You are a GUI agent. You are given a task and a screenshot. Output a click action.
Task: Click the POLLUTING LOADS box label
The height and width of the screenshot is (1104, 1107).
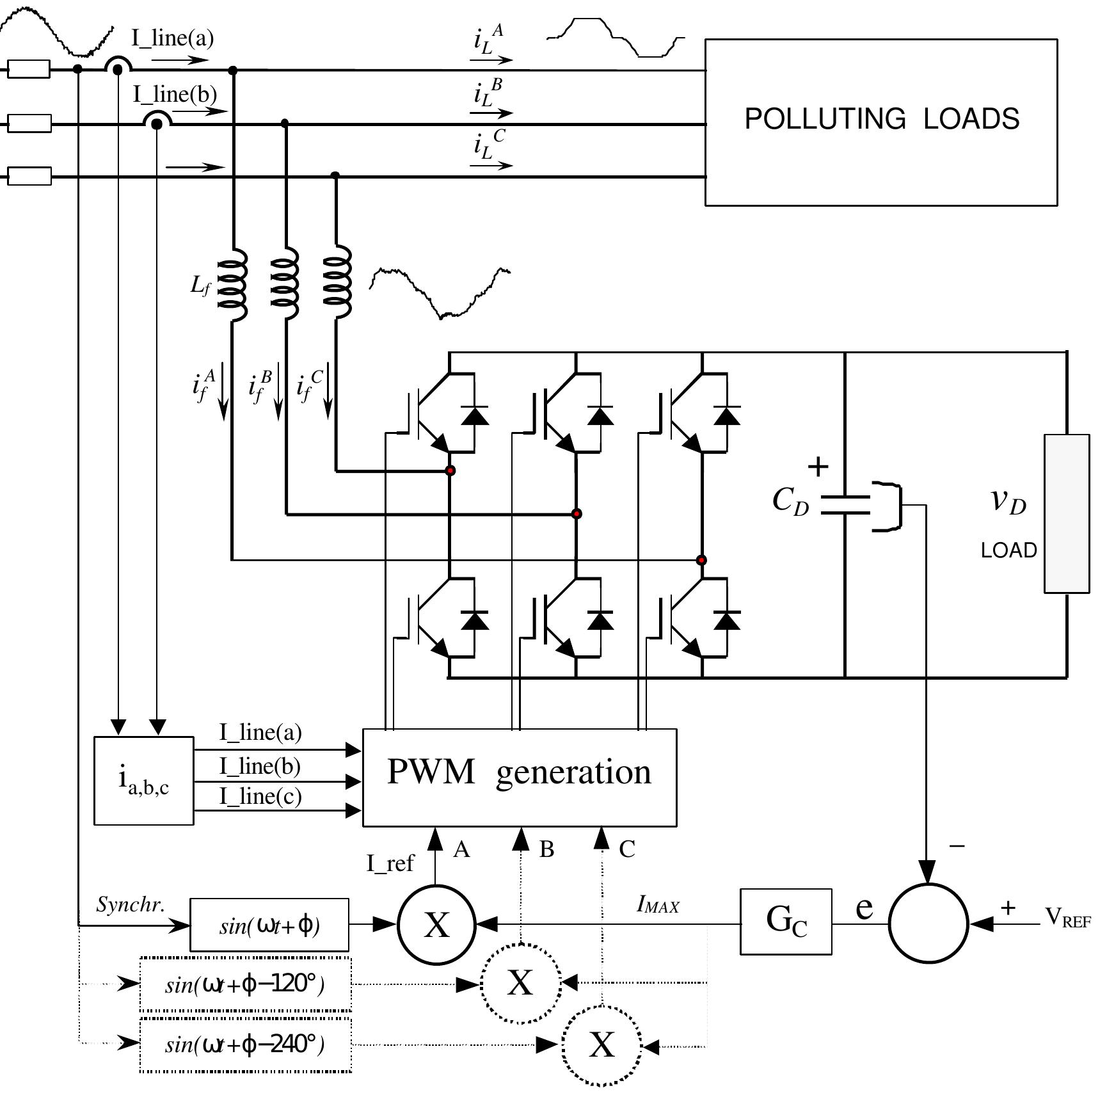tap(881, 120)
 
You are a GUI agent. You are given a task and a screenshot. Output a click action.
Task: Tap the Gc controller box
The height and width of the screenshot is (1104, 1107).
tap(786, 921)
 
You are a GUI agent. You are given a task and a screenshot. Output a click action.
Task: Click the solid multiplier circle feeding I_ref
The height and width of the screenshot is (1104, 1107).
tap(436, 924)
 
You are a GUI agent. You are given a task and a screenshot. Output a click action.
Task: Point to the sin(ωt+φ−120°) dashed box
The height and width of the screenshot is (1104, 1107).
tap(246, 984)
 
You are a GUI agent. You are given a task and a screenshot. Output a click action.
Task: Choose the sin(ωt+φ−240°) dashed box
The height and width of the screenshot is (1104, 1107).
tap(246, 1044)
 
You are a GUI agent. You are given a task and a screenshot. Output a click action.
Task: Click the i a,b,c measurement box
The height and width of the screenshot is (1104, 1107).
tap(143, 780)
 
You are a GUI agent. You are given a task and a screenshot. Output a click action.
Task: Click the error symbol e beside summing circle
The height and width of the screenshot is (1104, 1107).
tap(864, 908)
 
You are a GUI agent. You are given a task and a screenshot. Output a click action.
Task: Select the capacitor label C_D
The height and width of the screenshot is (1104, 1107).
tap(790, 501)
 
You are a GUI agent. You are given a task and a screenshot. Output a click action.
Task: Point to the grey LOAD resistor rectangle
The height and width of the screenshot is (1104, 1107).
tap(1066, 513)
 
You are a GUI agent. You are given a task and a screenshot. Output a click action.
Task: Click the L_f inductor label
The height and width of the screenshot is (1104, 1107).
tap(200, 286)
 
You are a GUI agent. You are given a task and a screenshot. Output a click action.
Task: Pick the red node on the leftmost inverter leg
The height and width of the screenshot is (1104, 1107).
tap(450, 470)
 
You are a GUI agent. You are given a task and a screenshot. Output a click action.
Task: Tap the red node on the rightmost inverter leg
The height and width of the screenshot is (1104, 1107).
tap(701, 560)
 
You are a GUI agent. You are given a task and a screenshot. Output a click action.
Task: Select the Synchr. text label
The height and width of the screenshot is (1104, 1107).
tap(131, 904)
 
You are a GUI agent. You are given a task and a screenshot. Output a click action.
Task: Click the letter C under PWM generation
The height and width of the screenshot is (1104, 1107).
tap(626, 849)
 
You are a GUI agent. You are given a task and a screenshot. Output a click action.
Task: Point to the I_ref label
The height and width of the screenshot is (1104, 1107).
tap(390, 863)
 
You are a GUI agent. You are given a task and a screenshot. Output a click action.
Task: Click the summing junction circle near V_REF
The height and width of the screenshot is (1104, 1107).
tap(928, 924)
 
